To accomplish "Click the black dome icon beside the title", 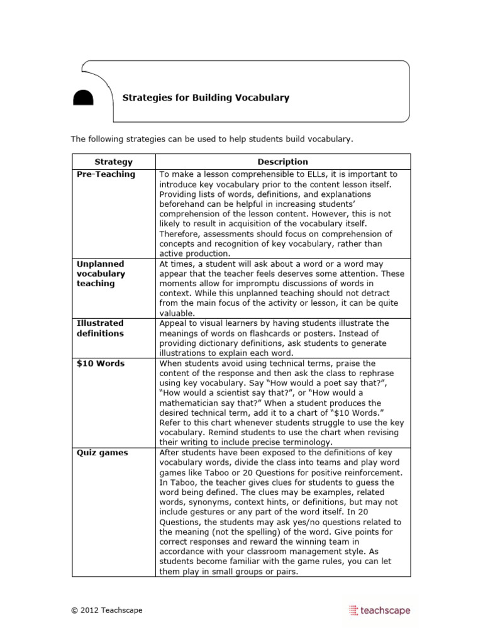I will (x=83, y=97).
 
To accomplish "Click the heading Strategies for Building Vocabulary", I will (x=206, y=97).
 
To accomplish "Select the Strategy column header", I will (x=113, y=162).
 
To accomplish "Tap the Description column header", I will (x=282, y=162).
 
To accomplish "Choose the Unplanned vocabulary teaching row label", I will (x=101, y=274).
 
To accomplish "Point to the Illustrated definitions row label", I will (x=101, y=328).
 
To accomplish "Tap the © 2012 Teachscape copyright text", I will (x=106, y=610).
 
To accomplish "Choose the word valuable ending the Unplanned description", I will (x=178, y=313).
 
